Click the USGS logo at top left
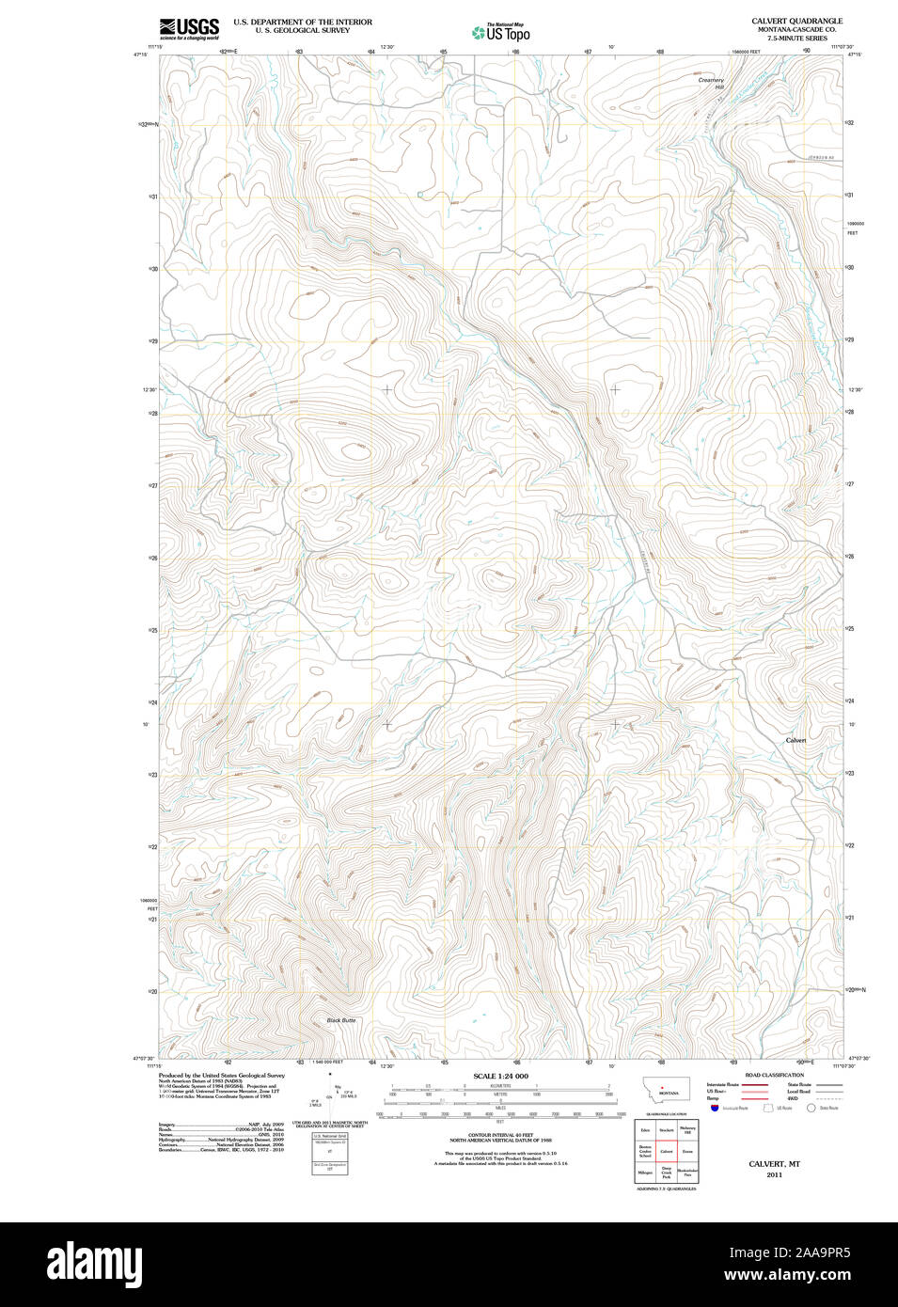[189, 28]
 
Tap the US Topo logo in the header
[501, 33]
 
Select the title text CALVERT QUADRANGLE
[796, 21]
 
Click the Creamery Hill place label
[712, 84]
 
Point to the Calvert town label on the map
[796, 740]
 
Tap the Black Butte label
[340, 1020]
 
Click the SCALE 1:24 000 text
[500, 1076]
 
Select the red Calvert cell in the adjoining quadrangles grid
[666, 1151]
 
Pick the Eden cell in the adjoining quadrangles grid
[645, 1129]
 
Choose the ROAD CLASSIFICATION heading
[774, 1075]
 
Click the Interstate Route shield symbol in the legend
[715, 1109]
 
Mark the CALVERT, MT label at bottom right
[774, 1164]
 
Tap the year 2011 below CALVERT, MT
[774, 1174]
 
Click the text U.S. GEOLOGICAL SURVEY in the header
[289, 30]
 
